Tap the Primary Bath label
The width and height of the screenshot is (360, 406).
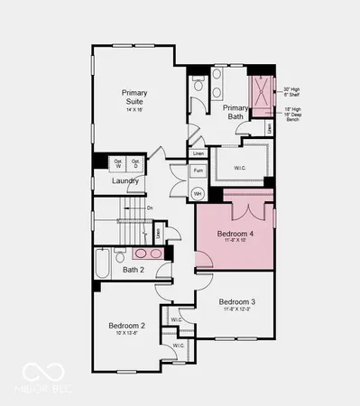click(x=235, y=112)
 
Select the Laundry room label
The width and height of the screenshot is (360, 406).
click(x=125, y=180)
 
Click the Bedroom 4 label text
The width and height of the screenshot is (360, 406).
click(x=235, y=235)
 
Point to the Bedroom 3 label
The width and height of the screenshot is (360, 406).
click(x=237, y=301)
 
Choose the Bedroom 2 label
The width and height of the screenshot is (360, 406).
click(x=127, y=326)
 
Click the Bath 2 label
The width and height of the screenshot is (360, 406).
click(x=134, y=270)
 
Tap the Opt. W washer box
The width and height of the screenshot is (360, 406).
click(x=117, y=163)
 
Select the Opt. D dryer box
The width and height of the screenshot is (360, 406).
click(x=134, y=163)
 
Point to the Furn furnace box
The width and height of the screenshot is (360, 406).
click(x=198, y=170)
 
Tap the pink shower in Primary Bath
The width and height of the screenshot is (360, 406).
click(x=262, y=97)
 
